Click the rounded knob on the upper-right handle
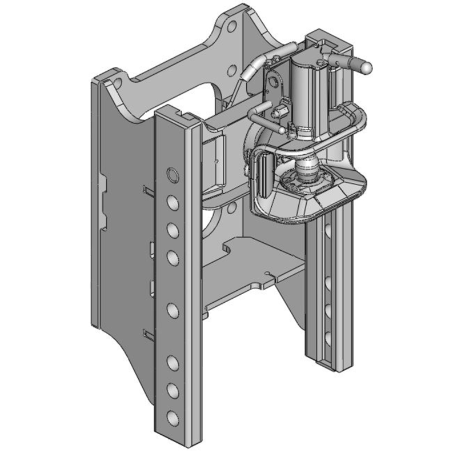(x=366, y=67)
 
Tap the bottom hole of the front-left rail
(x=171, y=415)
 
